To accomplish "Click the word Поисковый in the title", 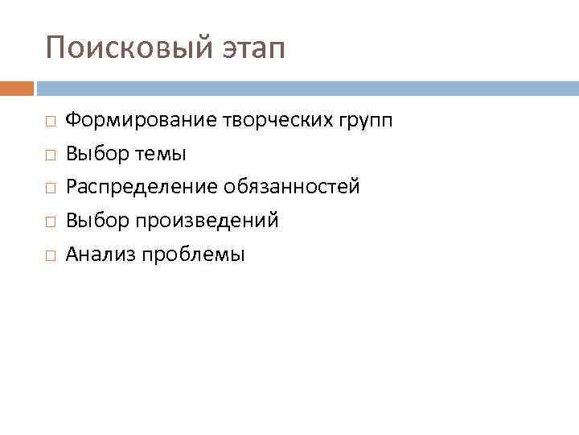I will point(126,48).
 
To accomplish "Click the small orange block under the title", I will point(16,88).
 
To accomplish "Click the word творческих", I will point(272,121).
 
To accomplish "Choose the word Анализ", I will point(101,255).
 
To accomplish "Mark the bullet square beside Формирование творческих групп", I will point(50,121).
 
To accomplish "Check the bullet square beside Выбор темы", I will point(50,155).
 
